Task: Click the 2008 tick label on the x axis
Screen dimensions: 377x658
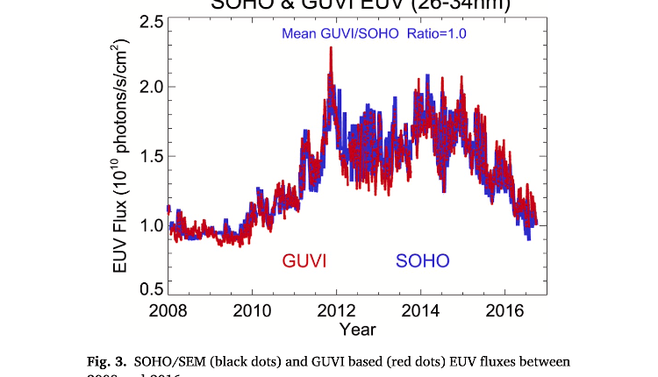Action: click(x=168, y=313)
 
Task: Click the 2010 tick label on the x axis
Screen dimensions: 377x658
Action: click(x=252, y=313)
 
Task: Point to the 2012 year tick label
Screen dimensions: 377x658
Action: click(x=337, y=313)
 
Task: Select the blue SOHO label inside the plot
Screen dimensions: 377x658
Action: click(x=423, y=260)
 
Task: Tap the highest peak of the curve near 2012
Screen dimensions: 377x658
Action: click(x=331, y=47)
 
